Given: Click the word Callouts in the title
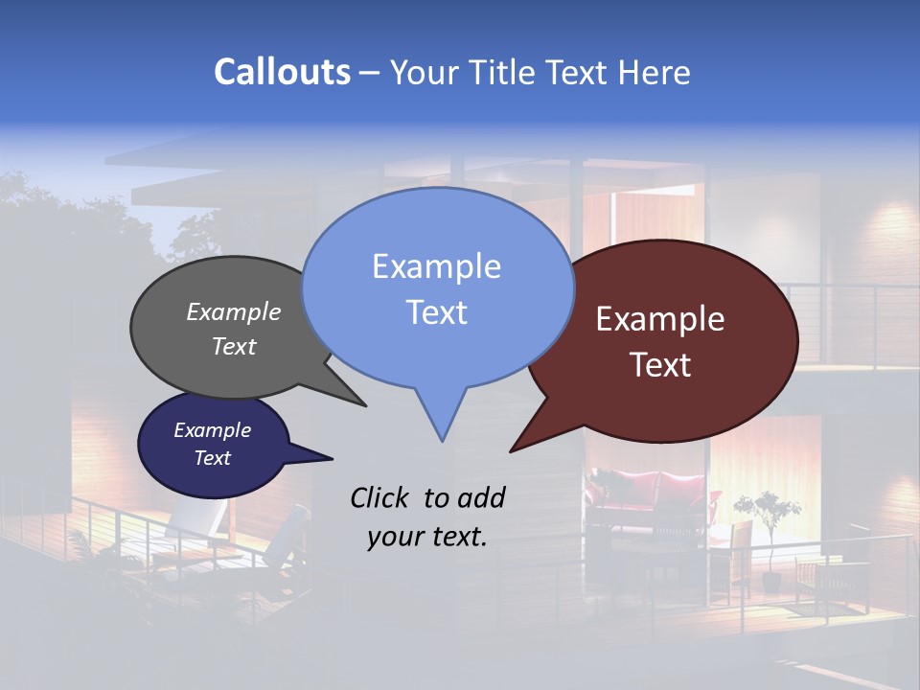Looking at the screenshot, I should coord(282,72).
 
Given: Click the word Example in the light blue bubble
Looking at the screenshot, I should coord(436,266).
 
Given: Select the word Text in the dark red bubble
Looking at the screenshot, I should coord(661,365).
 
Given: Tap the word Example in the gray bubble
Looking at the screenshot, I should coord(234,311).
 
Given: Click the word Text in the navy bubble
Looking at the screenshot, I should coord(213,458).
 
